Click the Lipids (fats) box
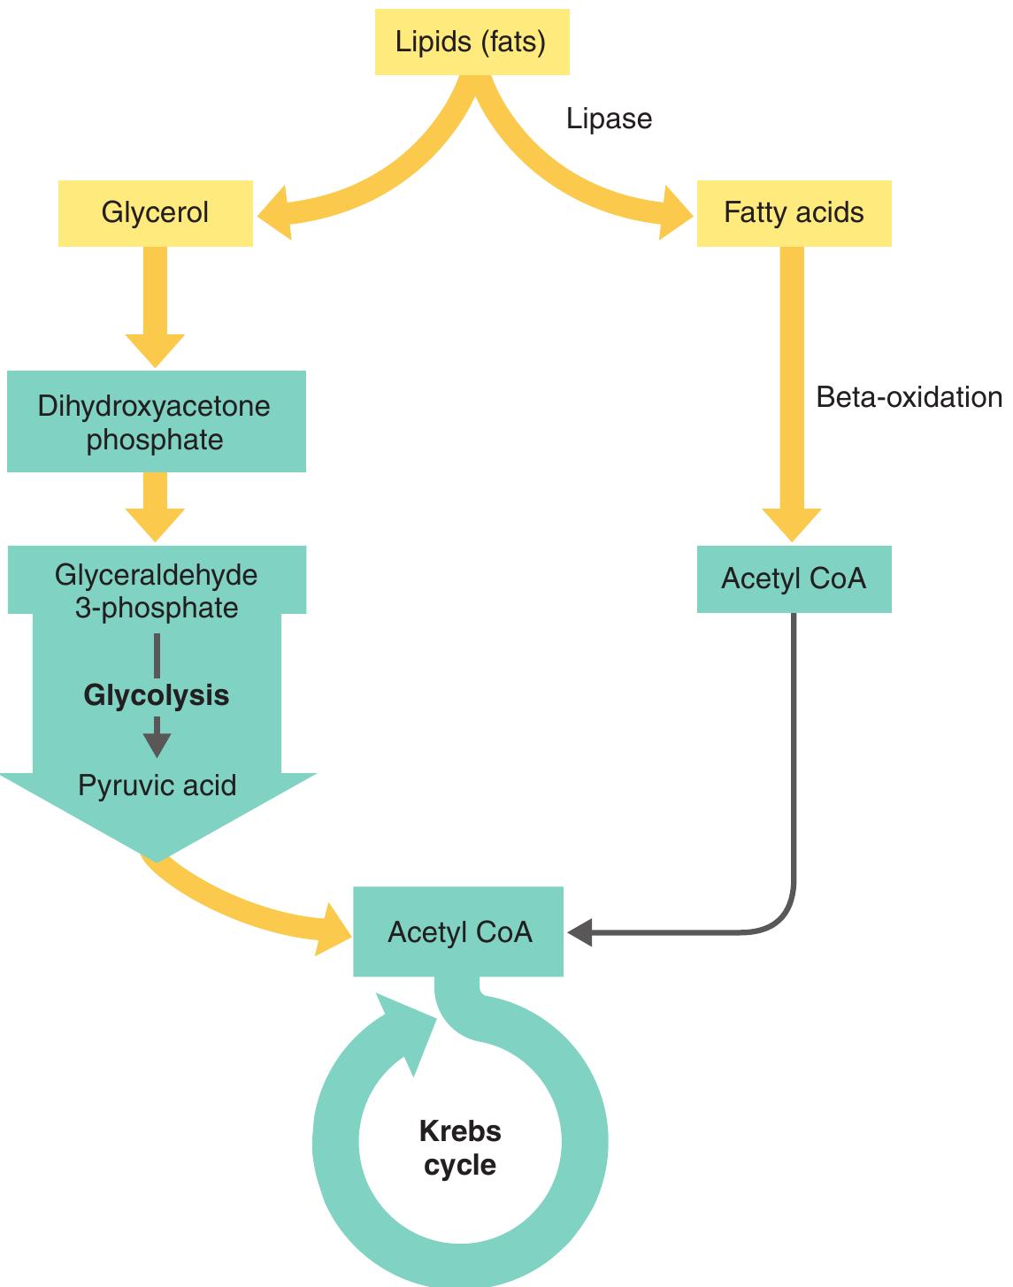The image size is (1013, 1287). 472,42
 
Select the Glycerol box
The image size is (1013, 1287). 156,213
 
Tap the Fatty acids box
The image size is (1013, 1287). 794,213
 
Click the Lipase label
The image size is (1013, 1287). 609,119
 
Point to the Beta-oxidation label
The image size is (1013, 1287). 909,397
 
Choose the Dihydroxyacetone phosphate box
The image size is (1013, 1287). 156,422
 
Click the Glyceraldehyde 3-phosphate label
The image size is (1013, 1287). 157,591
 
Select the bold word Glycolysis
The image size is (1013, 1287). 157,695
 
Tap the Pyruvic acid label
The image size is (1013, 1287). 157,785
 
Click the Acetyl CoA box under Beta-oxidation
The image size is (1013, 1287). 794,578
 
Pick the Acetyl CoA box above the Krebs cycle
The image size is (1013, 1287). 458,932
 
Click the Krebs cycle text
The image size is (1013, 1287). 460,1147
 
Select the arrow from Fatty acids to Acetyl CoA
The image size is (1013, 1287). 792,389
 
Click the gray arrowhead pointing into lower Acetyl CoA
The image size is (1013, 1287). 579,932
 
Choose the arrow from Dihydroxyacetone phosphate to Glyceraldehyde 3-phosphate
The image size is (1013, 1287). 155,507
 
